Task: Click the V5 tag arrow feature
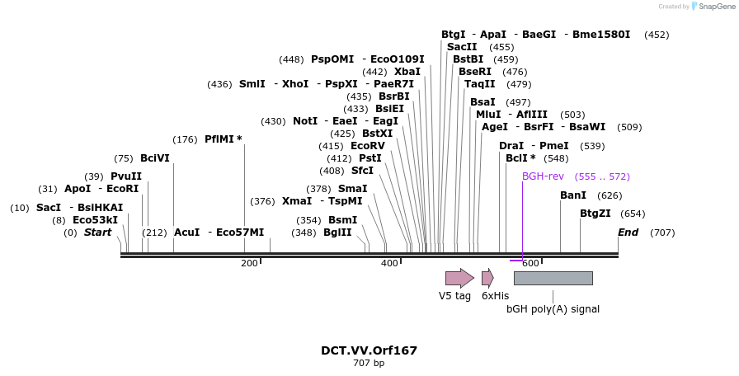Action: tap(459, 278)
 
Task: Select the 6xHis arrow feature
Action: tap(487, 278)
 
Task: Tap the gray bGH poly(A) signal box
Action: tap(553, 278)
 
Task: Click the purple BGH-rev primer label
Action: tap(543, 176)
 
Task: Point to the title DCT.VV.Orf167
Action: tap(369, 350)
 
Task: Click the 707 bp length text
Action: tap(369, 363)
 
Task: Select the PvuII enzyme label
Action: tap(126, 176)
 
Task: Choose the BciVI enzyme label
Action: tap(155, 158)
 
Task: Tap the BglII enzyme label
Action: tap(337, 233)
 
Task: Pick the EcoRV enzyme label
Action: tap(368, 146)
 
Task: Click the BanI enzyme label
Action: tap(573, 195)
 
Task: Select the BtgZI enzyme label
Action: tap(595, 214)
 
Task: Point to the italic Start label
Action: tap(97, 233)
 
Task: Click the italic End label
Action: tap(628, 233)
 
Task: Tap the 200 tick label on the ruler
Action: tap(249, 263)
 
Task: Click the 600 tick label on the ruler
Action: tap(530, 263)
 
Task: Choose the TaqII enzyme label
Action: tap(480, 84)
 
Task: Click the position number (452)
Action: tap(657, 35)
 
